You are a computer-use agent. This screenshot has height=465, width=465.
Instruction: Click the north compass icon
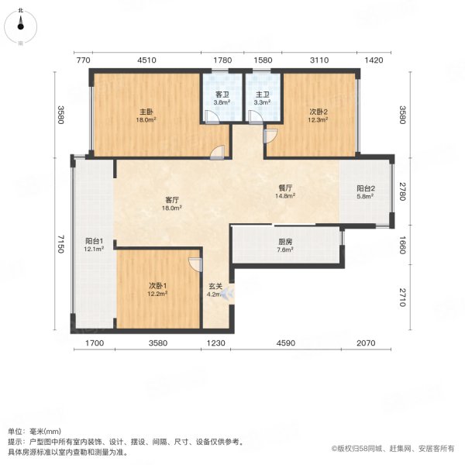(x=21, y=23)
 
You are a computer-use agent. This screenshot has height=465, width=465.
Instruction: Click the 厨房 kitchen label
(x=284, y=241)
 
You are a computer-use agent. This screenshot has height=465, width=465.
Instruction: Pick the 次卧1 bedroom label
(x=159, y=286)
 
